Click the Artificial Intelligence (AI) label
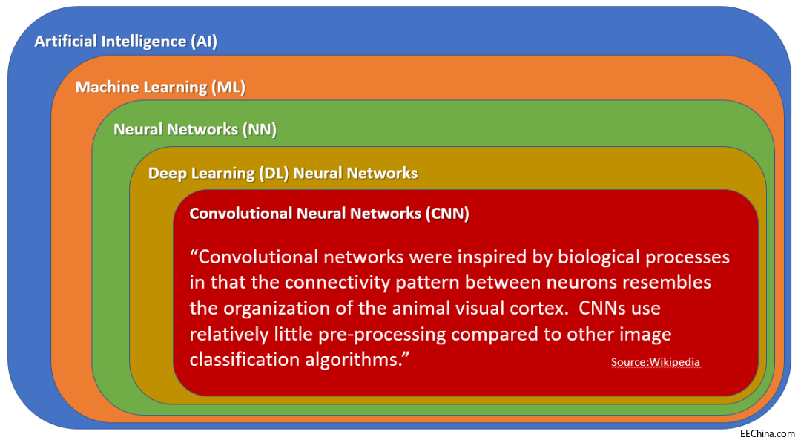click(x=125, y=41)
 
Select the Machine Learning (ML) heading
click(x=160, y=87)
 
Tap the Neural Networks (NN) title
click(x=195, y=129)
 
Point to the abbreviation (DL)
click(x=273, y=173)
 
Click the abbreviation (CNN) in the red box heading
click(x=447, y=214)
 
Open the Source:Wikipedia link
click(x=656, y=362)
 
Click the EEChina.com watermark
click(x=767, y=432)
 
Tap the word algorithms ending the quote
click(x=356, y=359)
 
